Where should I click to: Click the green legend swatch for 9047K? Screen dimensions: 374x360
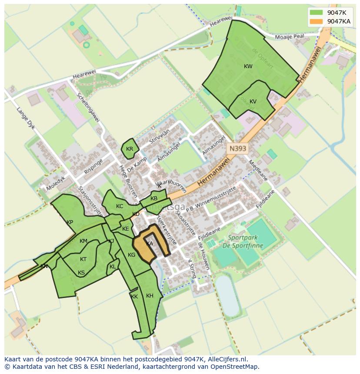coord(317,13)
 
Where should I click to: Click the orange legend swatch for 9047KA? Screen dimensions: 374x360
coord(317,21)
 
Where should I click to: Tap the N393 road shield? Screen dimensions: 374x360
coord(238,149)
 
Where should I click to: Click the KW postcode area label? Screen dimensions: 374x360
coord(248,66)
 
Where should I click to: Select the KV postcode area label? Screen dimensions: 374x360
coord(253,102)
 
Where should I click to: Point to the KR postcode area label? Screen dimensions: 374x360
coord(130,149)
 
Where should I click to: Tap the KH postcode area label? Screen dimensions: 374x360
coord(150,296)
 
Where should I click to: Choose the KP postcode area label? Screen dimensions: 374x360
coord(70,222)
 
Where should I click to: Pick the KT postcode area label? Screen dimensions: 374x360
coord(83,259)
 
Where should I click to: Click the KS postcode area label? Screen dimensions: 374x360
coord(81,273)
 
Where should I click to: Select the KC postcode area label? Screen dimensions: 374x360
coord(120,206)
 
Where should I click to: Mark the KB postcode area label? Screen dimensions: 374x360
coord(154,199)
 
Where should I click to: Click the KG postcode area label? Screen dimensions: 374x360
coord(132,255)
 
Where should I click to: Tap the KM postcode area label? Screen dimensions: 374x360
coord(83,241)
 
